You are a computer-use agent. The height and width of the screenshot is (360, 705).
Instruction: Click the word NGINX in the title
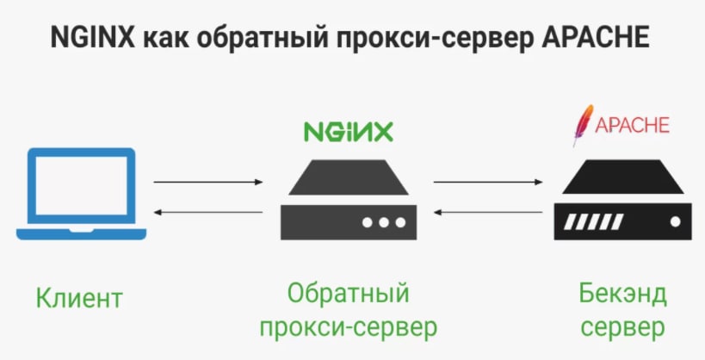[93, 37]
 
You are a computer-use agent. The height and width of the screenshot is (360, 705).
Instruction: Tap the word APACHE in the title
[595, 37]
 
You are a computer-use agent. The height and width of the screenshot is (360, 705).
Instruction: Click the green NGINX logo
[348, 132]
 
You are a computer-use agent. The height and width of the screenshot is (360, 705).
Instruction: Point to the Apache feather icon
[583, 125]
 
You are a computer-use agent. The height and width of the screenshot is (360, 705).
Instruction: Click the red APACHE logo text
[632, 125]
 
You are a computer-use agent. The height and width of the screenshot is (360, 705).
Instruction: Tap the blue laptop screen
[82, 186]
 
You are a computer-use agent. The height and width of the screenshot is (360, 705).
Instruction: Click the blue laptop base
[82, 234]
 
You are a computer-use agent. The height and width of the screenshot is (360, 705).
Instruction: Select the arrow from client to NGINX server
[208, 182]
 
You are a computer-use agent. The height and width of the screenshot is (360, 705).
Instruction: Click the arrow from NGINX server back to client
[208, 212]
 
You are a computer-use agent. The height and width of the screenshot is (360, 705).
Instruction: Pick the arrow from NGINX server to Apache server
[488, 182]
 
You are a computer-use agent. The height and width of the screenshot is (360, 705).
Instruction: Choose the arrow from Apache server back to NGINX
[488, 212]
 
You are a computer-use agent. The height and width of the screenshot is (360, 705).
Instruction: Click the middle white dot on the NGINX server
[384, 222]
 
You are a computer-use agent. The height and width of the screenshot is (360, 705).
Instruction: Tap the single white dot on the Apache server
[675, 221]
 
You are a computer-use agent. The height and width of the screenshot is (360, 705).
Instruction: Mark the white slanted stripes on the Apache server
[593, 221]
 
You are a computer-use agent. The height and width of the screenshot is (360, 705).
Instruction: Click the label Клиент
[79, 297]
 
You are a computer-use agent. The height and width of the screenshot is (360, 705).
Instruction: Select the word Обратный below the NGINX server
[348, 295]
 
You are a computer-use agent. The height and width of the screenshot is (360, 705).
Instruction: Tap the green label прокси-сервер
[348, 328]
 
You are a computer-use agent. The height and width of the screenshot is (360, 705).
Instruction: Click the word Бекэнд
[622, 294]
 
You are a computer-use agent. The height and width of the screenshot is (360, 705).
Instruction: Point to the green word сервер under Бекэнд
[622, 328]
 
